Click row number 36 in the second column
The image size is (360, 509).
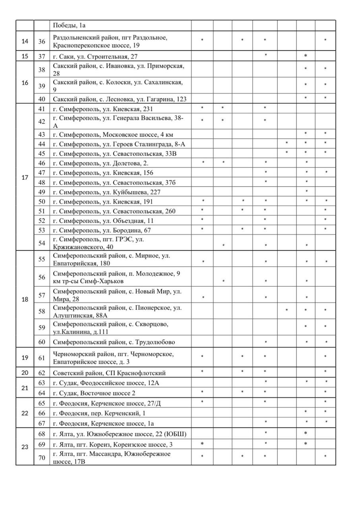[42, 41]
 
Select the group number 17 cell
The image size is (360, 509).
[25, 177]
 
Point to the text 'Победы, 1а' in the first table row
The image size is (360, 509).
[70, 25]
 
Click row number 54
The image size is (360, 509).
[42, 243]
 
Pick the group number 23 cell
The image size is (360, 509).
[25, 447]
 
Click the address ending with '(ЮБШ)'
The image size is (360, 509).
[120, 433]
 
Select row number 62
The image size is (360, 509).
[42, 373]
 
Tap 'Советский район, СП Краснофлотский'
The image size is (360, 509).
[109, 373]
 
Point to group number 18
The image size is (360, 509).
[25, 299]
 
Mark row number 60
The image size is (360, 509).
[42, 342]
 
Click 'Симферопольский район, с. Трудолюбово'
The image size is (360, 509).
[114, 342]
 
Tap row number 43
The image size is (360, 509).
[42, 134]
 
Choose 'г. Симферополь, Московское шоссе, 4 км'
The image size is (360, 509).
[113, 134]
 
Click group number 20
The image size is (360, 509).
[25, 373]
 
